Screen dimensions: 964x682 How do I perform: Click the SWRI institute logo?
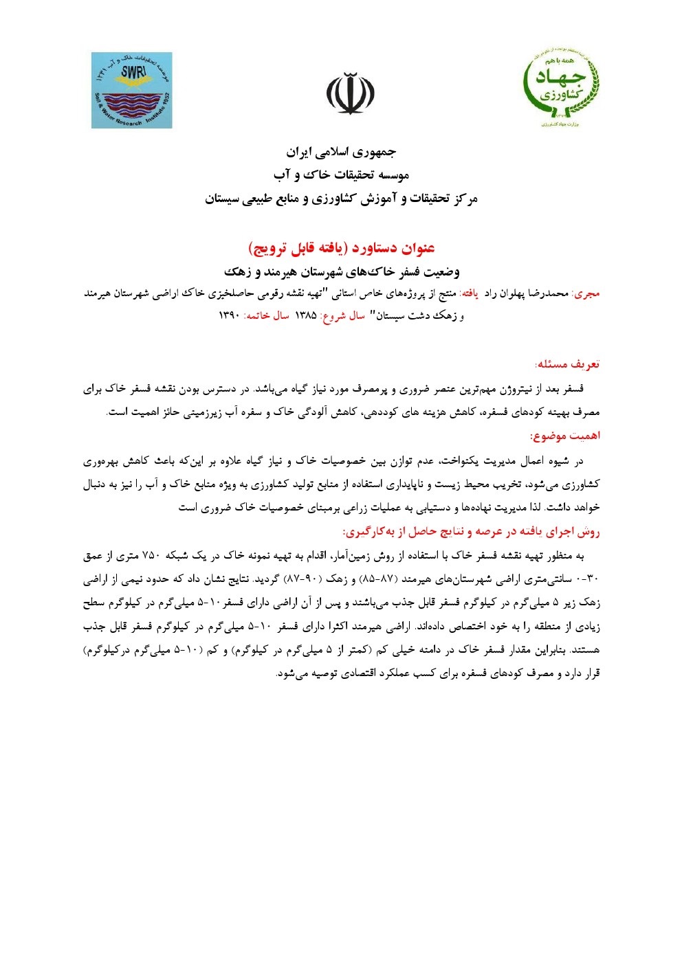(131, 90)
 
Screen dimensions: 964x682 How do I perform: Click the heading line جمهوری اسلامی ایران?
(341, 151)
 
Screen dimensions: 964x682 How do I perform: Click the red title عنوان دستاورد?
(341, 247)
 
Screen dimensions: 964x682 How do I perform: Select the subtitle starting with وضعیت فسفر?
(341, 269)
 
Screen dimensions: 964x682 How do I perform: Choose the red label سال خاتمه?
(266, 316)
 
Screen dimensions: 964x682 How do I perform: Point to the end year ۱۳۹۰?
(229, 316)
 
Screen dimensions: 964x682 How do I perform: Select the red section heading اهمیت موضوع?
(564, 436)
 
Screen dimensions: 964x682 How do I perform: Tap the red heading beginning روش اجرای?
(471, 533)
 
